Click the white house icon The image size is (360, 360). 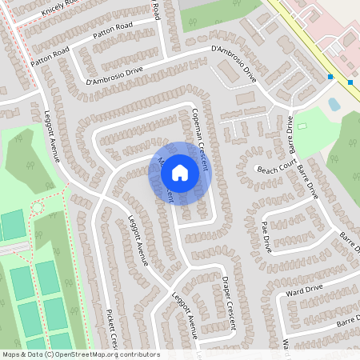180,173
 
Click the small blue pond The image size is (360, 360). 334,104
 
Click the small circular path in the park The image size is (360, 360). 36,208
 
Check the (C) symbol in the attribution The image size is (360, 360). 50,354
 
